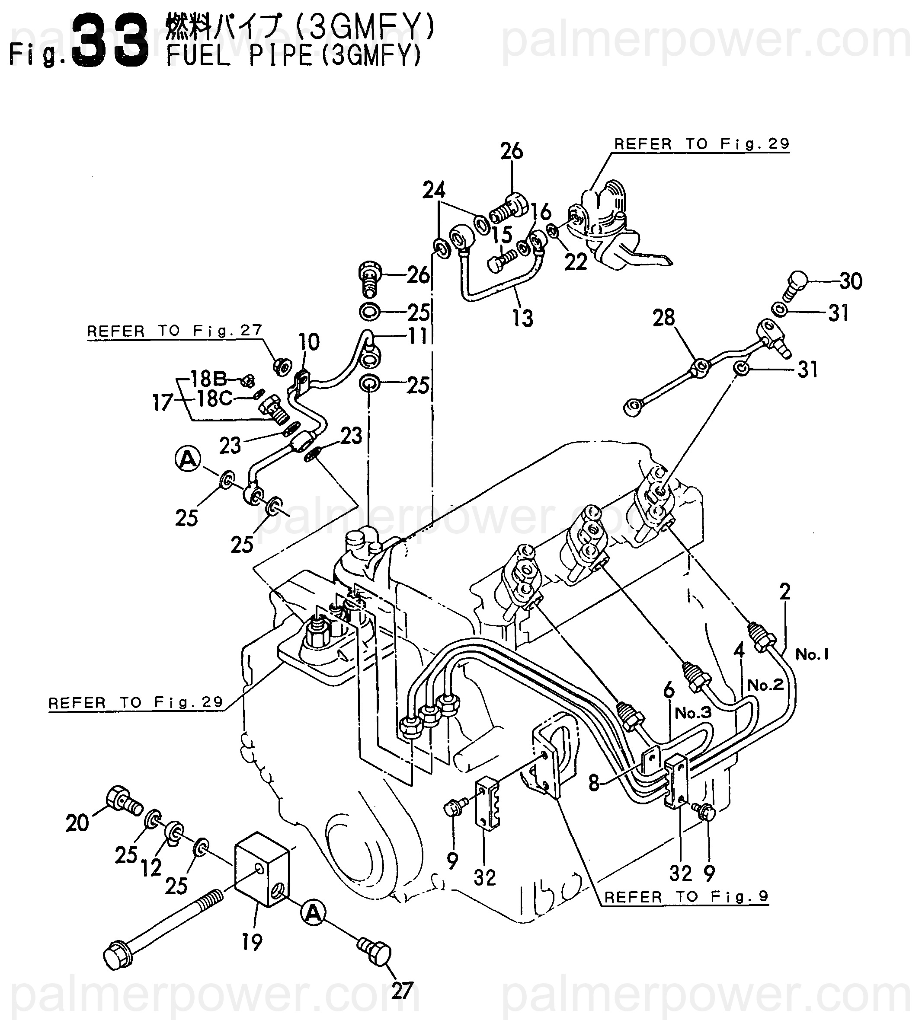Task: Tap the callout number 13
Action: point(522,318)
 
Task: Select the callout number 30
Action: point(851,281)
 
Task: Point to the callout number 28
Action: point(664,318)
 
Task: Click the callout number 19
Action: point(252,942)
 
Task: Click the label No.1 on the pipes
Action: point(812,654)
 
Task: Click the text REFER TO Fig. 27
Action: point(175,331)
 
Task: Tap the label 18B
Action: point(208,378)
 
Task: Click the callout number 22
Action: point(576,262)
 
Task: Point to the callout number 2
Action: point(785,591)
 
